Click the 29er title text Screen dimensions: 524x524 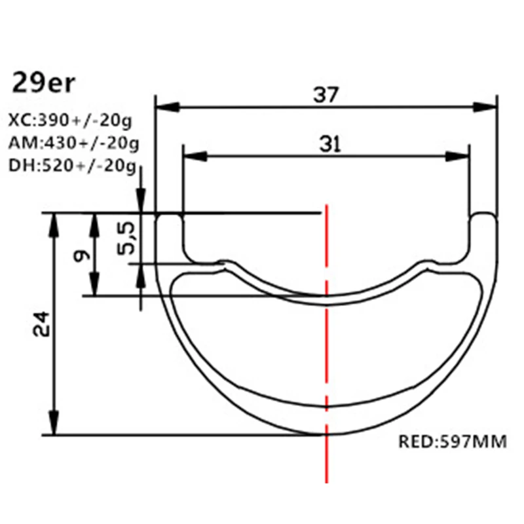pyautogui.click(x=45, y=84)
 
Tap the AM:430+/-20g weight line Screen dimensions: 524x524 pyautogui.click(x=73, y=143)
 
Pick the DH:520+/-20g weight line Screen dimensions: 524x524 pyautogui.click(x=72, y=165)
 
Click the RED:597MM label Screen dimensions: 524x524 pyautogui.click(x=453, y=442)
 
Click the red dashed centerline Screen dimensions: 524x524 pyautogui.click(x=326, y=367)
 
